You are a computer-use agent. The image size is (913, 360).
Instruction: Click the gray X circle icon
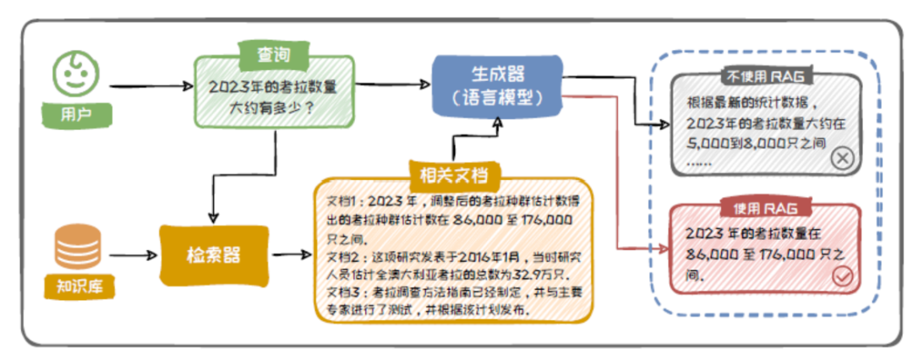(843, 158)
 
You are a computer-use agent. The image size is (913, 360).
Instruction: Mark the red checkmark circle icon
(843, 275)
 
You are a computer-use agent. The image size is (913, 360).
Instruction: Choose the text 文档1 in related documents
(343, 204)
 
